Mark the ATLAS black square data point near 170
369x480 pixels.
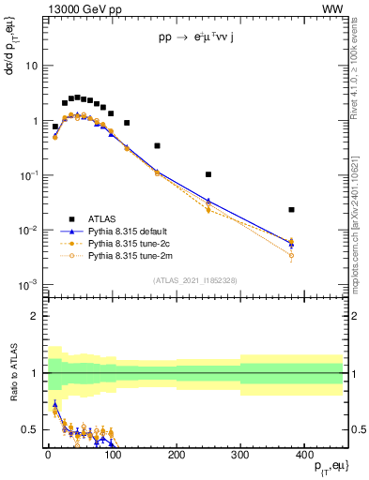click(157, 145)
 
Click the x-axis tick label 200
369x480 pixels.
click(177, 454)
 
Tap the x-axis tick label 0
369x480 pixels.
click(48, 454)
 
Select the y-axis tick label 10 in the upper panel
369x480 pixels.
click(30, 67)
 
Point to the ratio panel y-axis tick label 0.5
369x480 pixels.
click(29, 429)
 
